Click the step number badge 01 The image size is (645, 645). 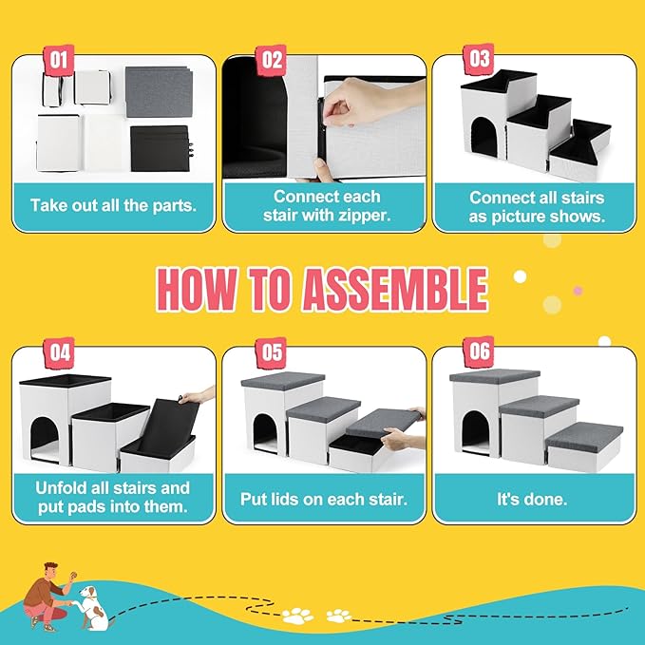click(x=59, y=61)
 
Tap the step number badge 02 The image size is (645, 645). click(x=272, y=61)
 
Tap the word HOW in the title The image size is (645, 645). click(x=199, y=289)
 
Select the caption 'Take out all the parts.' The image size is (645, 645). click(x=113, y=204)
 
